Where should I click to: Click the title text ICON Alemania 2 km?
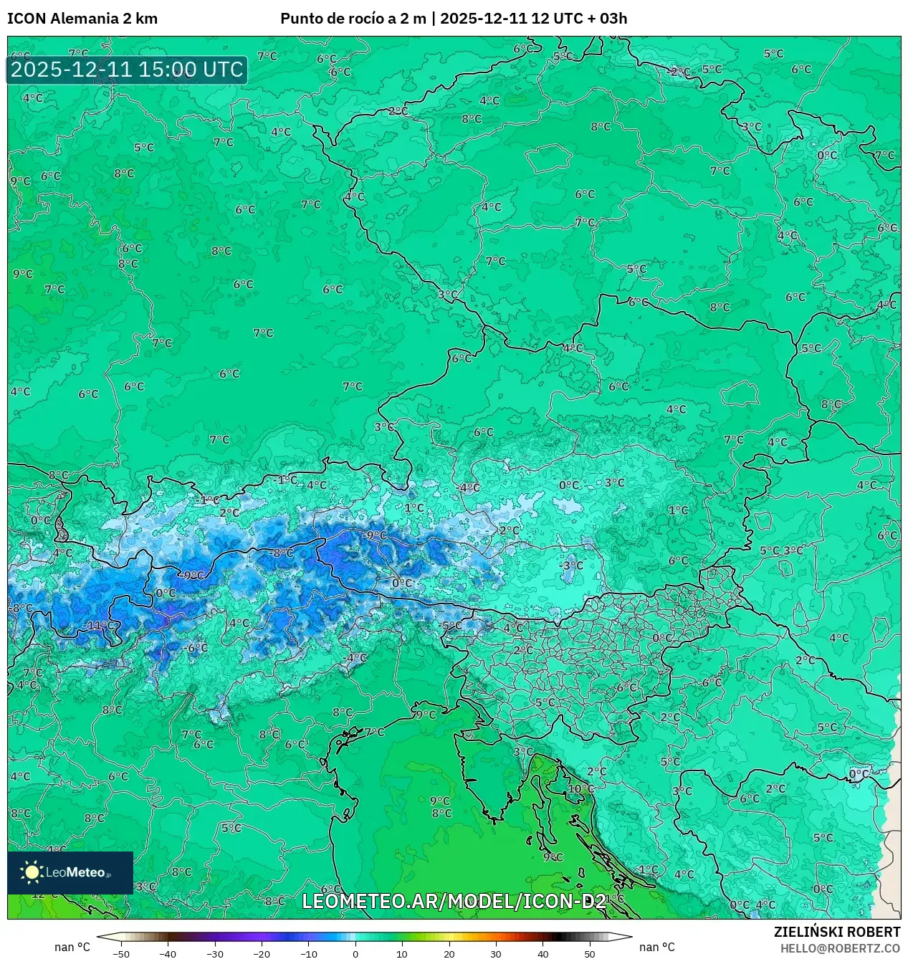click(82, 19)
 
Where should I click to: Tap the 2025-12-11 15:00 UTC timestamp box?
click(127, 70)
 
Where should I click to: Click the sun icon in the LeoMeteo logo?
click(32, 872)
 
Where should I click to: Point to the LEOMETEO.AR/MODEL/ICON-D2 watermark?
click(454, 901)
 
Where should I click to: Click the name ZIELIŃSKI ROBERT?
click(836, 932)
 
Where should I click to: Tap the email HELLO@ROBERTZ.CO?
click(840, 948)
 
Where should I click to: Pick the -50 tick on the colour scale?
click(121, 954)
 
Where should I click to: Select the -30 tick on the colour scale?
click(215, 954)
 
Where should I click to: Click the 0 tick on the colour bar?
click(355, 954)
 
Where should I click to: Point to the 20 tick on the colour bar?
click(449, 954)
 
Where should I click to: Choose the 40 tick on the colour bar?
click(543, 954)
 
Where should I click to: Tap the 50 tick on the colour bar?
click(589, 954)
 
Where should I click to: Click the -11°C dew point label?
click(98, 625)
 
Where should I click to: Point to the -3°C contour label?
click(571, 566)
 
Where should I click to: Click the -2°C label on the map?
click(678, 72)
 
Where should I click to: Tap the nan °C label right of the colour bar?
click(656, 947)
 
